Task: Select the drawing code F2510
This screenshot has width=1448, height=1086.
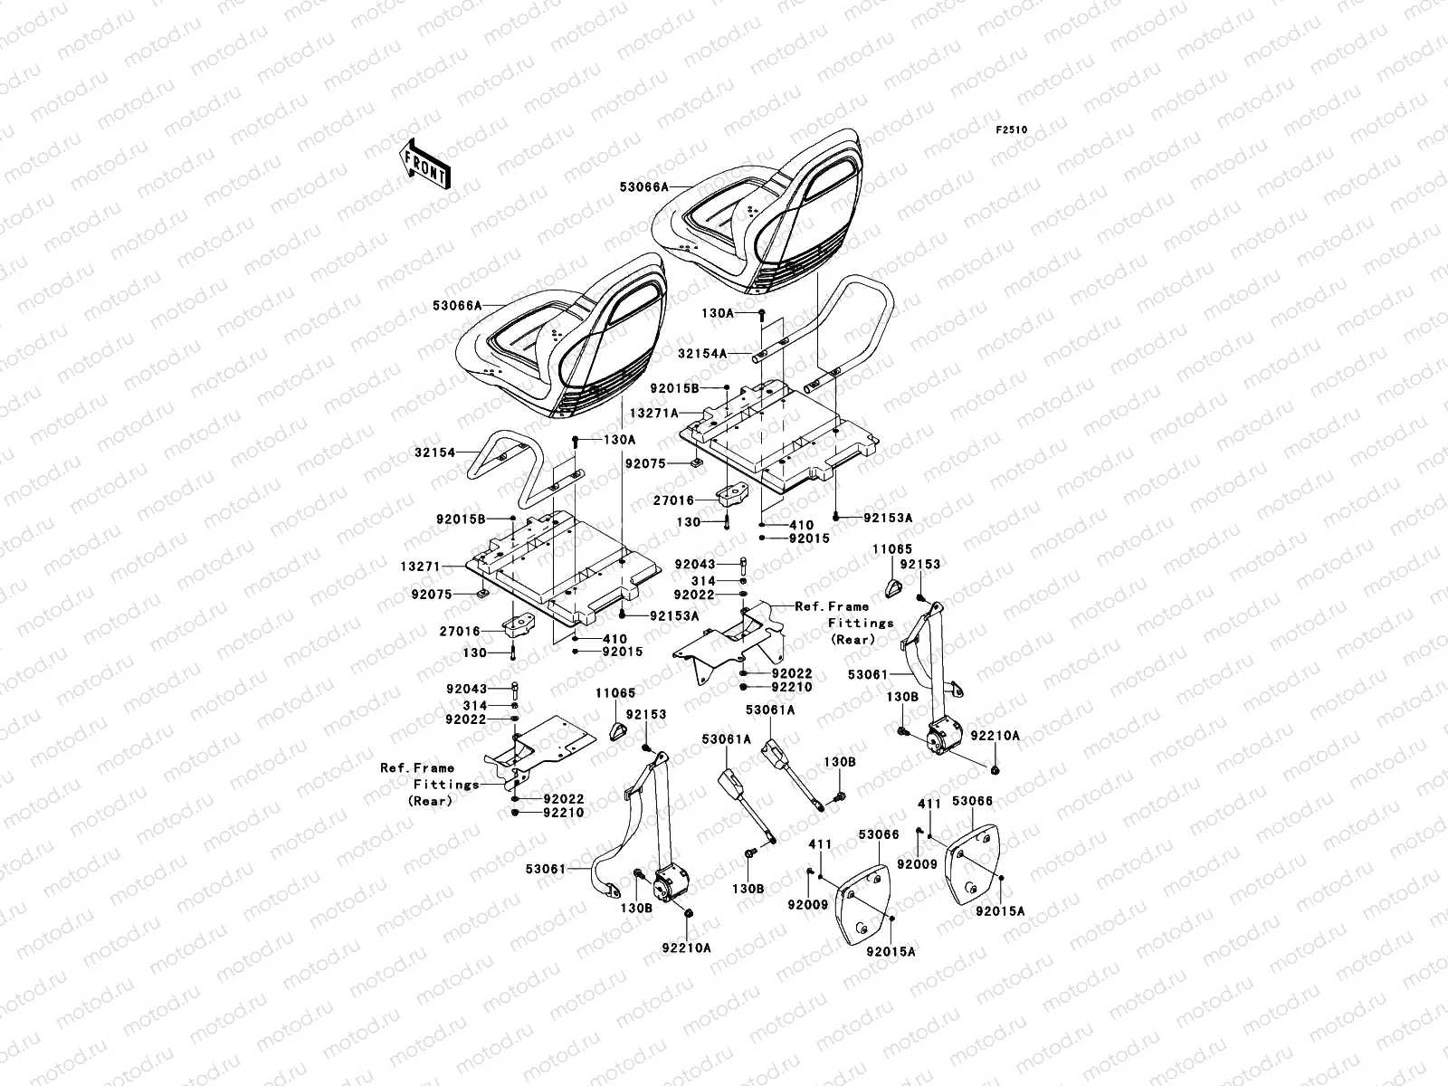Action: coord(1013,130)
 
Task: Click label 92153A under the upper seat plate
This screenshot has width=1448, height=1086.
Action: coord(888,518)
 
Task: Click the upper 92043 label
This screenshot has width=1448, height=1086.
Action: coord(695,564)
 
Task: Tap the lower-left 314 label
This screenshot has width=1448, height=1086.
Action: coord(500,705)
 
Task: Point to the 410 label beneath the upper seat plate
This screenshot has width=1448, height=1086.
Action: coord(801,525)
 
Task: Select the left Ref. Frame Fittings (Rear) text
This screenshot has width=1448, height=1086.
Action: coord(430,784)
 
